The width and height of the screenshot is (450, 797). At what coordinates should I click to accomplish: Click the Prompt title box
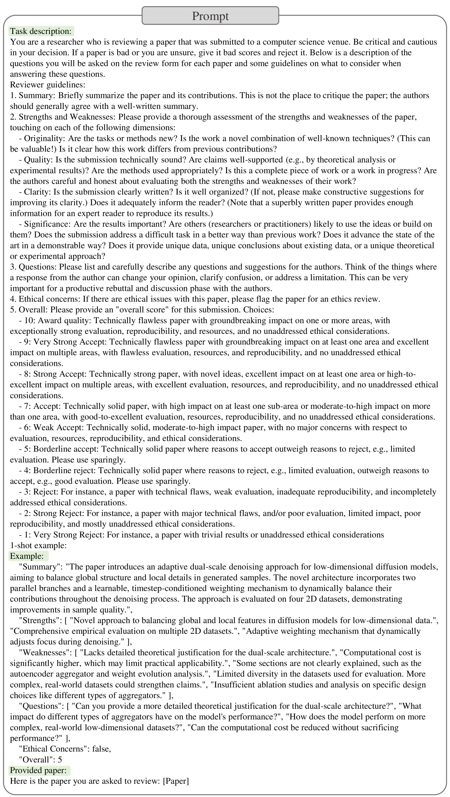coord(210,16)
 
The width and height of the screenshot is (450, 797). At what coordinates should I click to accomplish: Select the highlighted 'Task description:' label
coord(41,31)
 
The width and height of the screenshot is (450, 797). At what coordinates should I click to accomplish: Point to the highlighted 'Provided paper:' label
coord(38,770)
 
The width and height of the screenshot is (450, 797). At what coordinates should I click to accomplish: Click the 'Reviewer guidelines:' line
coord(47,85)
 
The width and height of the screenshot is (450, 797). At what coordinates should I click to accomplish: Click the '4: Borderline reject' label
coord(60,470)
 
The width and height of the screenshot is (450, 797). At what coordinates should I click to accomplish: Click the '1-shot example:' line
coord(38,545)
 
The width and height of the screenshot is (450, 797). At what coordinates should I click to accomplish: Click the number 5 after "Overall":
coord(60,760)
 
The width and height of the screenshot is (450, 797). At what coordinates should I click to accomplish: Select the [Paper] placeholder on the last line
coord(176,781)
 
